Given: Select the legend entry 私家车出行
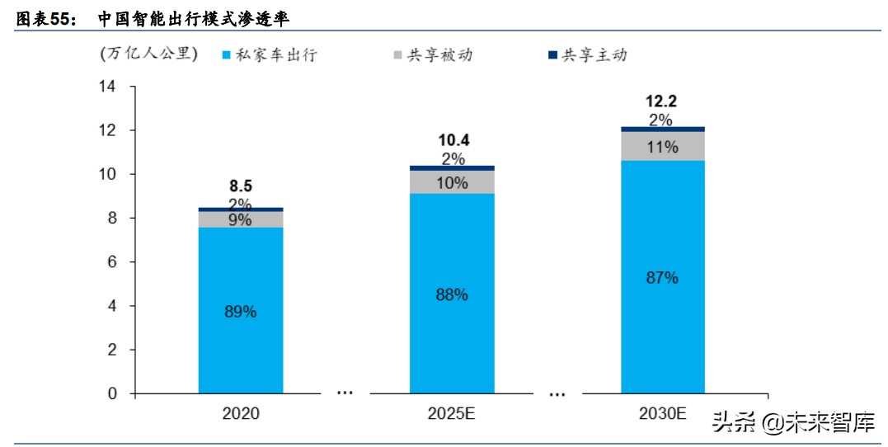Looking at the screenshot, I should coord(276,55).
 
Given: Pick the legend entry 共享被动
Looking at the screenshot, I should coord(444,55).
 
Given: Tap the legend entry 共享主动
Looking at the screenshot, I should coord(594,55).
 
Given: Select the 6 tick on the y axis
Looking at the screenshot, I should coord(111,262).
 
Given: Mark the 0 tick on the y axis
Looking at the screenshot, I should coord(111,394).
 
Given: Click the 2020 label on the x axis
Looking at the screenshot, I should coord(241,413).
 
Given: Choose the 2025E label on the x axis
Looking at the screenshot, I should coord(452,413).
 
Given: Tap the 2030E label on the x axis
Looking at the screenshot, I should coord(662,413).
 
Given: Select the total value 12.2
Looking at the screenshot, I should coord(662,101).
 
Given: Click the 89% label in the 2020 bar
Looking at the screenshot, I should coord(241,313).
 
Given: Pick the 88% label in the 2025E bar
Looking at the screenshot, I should coord(452,294).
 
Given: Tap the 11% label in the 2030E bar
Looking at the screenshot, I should coord(662,148).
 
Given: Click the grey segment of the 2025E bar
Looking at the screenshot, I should coord(452,182).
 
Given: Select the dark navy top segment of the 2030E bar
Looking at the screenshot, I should coord(662,129).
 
